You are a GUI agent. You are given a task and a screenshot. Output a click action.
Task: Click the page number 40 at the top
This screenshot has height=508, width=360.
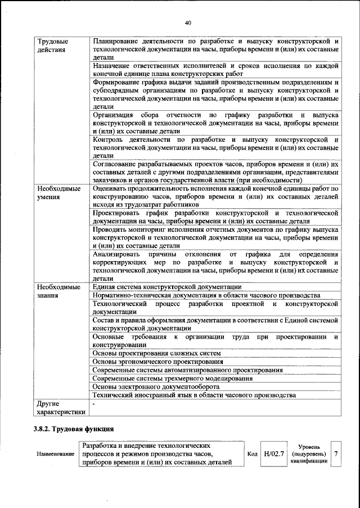tap(188, 22)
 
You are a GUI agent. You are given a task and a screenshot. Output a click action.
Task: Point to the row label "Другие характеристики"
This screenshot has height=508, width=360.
tap(61, 407)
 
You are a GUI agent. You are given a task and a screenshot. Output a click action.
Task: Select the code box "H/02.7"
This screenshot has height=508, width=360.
tap(273, 453)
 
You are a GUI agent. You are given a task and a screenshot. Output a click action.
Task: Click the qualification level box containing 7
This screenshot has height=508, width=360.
tap(336, 453)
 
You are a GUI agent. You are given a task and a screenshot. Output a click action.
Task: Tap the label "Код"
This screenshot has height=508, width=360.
tap(253, 453)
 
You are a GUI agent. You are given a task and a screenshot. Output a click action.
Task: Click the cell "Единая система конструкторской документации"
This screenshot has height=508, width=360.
tap(167, 287)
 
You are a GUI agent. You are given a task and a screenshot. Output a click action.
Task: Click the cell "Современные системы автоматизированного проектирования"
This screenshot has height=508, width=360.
tap(187, 370)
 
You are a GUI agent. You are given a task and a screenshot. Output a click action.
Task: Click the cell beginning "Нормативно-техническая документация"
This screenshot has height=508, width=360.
tap(206, 295)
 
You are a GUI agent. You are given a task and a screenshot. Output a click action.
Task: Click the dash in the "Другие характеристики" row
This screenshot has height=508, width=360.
tap(94, 403)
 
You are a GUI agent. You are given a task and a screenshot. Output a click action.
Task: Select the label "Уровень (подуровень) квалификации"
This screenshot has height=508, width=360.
tap(309, 453)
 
